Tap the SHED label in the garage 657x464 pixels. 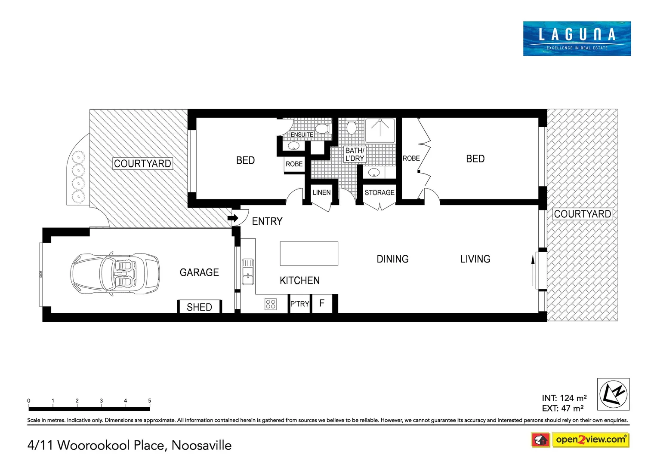pos(199,307)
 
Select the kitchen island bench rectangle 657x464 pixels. pos(309,253)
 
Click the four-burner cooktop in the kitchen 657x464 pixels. pos(271,304)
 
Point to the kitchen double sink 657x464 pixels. pos(248,272)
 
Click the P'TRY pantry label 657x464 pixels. pos(299,304)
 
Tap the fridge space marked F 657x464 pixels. pos(322,303)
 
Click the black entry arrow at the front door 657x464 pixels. pos(233,218)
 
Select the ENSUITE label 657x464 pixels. pos(302,134)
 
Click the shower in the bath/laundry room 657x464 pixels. pos(380,131)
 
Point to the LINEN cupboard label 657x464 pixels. pos(321,192)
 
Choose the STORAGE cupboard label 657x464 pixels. pos(379,192)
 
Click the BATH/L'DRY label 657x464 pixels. pos(355,154)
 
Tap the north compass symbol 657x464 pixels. pos(613,394)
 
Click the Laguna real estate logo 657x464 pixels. pos(577,38)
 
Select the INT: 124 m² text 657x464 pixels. pos(564,398)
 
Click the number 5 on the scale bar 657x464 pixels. pos(150,400)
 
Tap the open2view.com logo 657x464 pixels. pos(590,440)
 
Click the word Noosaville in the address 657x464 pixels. pos(201,446)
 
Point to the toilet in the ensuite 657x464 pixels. pos(321,128)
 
